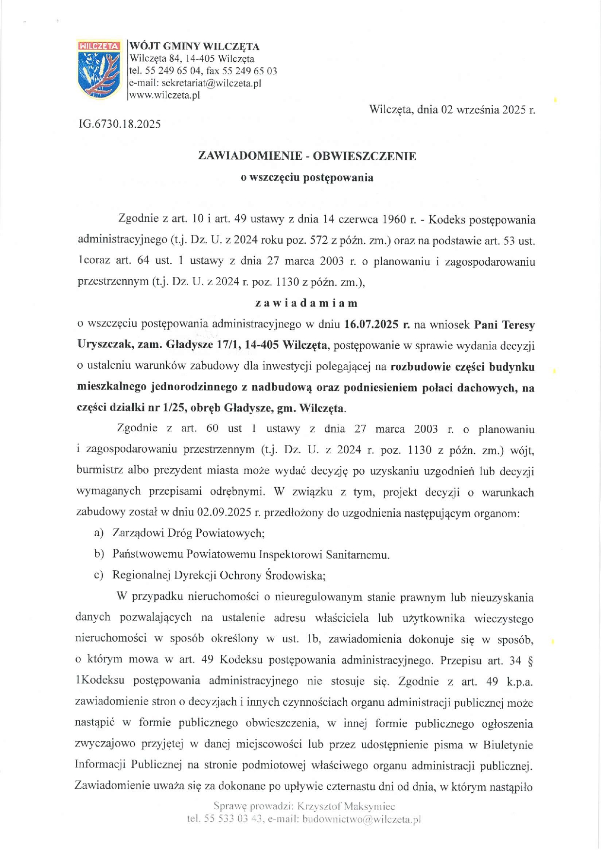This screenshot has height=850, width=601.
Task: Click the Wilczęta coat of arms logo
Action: point(99,69)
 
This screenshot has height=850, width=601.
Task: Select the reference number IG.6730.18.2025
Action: point(119,124)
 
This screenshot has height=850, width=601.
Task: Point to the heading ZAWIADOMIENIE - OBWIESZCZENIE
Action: point(307,156)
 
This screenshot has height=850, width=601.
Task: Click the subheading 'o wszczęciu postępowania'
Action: point(307,177)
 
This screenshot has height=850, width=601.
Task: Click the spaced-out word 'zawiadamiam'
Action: point(306,303)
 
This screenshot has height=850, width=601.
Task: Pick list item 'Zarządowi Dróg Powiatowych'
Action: point(188,533)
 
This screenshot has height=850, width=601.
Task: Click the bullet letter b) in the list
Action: point(99,554)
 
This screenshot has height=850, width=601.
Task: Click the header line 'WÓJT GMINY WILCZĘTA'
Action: point(194,47)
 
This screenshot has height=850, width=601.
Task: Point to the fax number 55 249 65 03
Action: point(249,71)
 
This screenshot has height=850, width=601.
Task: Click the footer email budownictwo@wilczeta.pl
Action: point(361,819)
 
